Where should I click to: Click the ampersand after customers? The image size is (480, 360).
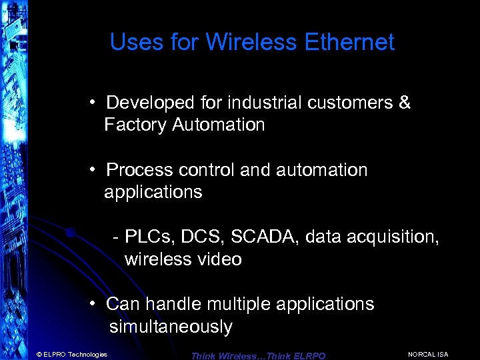(x=404, y=103)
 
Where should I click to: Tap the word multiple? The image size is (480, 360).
(x=234, y=304)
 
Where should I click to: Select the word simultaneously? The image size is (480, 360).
(x=171, y=327)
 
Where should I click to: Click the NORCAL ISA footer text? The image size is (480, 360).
(x=427, y=354)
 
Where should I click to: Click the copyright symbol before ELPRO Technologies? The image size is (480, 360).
(x=39, y=354)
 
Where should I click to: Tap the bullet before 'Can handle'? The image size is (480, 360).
(x=95, y=304)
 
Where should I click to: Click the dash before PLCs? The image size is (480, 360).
(x=117, y=237)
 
